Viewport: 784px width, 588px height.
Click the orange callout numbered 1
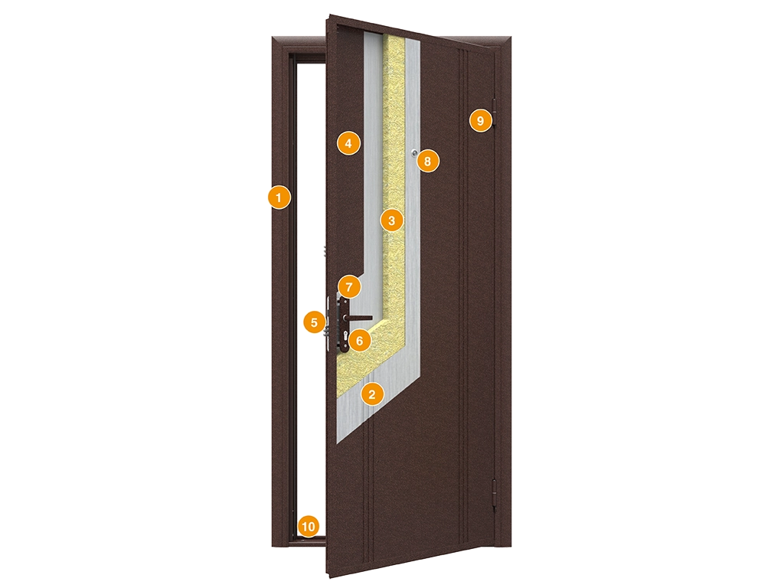click(279, 198)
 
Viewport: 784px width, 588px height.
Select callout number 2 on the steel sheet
click(371, 394)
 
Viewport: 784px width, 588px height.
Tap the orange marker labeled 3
click(391, 220)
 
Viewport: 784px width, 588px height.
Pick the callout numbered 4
click(348, 143)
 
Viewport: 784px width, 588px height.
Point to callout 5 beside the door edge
click(314, 322)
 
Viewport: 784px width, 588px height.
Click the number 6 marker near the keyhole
click(360, 341)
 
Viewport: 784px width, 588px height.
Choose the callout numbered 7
click(349, 288)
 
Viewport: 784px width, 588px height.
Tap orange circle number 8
click(427, 161)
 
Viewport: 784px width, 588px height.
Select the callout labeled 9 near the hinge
click(481, 120)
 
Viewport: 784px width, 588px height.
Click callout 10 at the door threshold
click(308, 526)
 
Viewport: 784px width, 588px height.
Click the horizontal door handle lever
click(359, 318)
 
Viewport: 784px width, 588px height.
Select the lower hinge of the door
click(495, 495)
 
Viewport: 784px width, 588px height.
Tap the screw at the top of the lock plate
click(344, 302)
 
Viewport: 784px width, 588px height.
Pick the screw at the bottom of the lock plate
click(345, 347)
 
